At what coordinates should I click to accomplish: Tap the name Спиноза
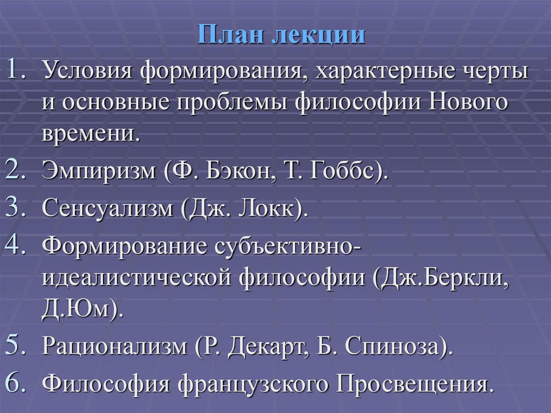(x=388, y=346)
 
